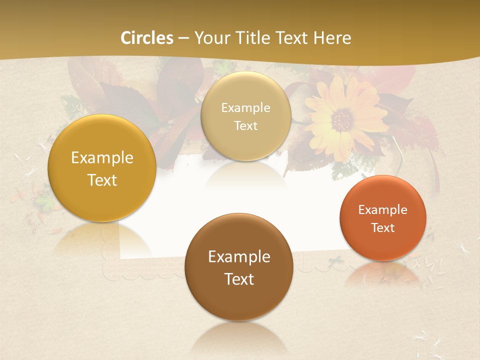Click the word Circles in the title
click(x=146, y=38)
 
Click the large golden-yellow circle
click(x=101, y=168)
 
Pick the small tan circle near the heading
click(x=245, y=116)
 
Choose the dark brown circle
click(x=238, y=267)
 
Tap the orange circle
click(x=382, y=218)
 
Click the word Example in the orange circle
click(x=382, y=210)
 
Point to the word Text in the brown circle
click(x=239, y=279)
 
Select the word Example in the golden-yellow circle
click(x=102, y=158)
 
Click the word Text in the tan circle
click(x=245, y=126)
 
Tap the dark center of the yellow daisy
click(x=342, y=119)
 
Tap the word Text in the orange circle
click(x=383, y=228)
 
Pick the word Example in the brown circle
click(x=239, y=257)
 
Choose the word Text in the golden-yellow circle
click(x=102, y=180)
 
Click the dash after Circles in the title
click(x=183, y=38)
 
